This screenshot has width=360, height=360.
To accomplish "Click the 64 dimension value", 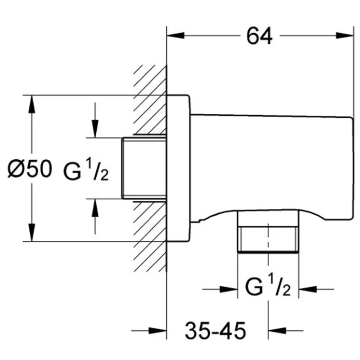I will click(x=260, y=36).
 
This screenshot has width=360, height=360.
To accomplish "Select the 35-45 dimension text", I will click(x=216, y=332).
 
